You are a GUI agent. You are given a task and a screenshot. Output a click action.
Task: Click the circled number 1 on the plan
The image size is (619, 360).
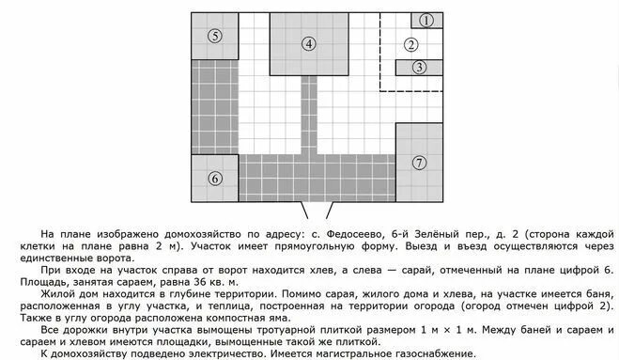point(426,20)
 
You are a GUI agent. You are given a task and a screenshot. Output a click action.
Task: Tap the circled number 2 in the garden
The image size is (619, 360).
point(410,44)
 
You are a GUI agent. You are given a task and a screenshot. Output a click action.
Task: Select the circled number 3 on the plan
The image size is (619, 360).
point(420,67)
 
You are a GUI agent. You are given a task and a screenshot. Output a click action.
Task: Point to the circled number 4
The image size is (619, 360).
point(309,43)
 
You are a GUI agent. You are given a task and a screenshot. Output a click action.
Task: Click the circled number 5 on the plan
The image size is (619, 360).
point(215,37)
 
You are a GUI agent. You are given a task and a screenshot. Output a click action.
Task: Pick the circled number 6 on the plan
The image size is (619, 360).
point(215,179)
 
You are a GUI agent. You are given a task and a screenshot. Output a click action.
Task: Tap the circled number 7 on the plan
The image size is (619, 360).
point(419,162)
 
